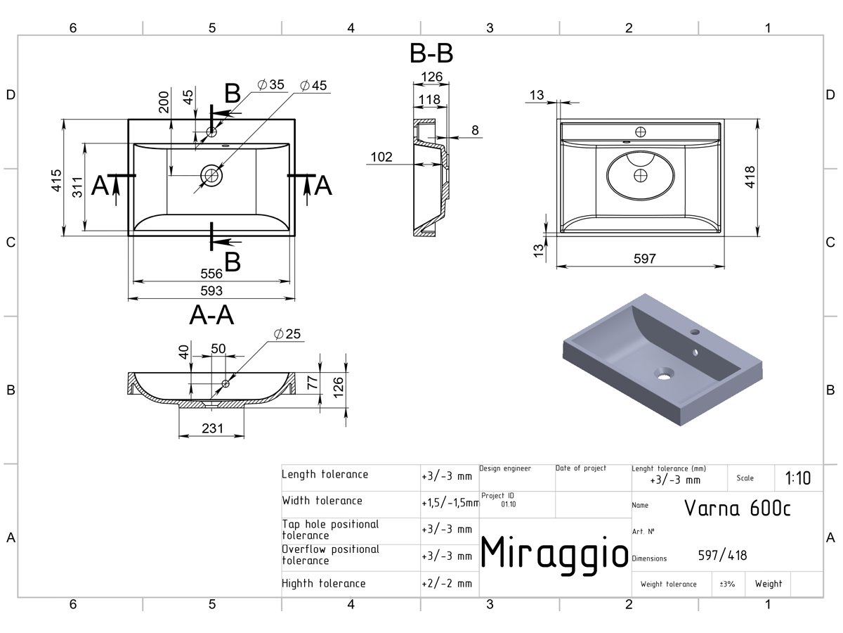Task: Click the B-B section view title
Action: (x=431, y=53)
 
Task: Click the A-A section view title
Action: (x=211, y=315)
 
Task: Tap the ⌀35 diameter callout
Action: (x=270, y=84)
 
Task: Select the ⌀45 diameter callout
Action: (x=313, y=85)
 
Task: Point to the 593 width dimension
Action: (x=211, y=290)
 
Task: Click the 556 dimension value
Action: (x=211, y=274)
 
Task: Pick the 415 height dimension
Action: (x=56, y=180)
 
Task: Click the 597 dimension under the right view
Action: (x=644, y=258)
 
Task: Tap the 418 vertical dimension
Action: (x=750, y=177)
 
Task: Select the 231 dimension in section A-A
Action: (x=212, y=428)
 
